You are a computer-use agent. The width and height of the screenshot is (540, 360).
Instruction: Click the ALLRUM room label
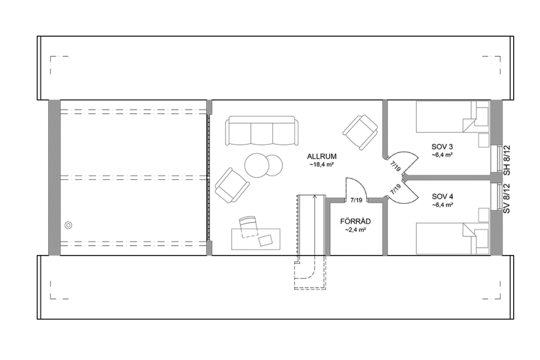coord(322,156)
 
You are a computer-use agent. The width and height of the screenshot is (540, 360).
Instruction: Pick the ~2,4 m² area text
coord(354,230)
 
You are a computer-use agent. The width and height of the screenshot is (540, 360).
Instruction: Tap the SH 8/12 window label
coord(507,159)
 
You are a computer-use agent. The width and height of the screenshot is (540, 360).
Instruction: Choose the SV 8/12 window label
coord(507,199)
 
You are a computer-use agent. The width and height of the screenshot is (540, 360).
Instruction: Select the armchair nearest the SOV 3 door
coord(361,131)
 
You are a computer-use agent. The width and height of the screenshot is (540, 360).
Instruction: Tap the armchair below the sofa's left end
coord(231,184)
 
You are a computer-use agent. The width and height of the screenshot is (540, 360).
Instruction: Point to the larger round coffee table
coord(257,166)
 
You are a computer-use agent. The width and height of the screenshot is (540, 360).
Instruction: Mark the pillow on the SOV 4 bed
coord(481,240)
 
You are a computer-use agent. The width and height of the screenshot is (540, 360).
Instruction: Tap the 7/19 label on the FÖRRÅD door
coord(357,200)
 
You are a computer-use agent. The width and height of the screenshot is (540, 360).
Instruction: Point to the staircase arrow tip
coord(314,197)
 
